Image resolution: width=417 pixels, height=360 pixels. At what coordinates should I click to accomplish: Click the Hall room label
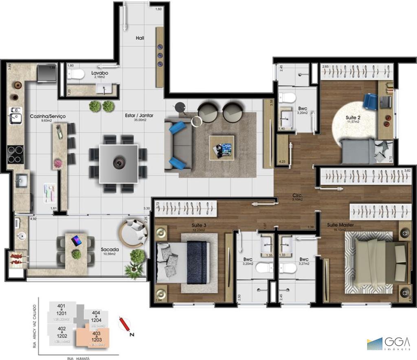(x=140, y=38)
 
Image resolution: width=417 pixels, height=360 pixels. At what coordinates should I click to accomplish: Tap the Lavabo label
(x=99, y=72)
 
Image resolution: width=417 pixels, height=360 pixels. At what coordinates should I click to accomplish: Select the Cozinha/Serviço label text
(x=48, y=116)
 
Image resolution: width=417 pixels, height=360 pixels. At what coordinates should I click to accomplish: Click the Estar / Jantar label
(x=139, y=116)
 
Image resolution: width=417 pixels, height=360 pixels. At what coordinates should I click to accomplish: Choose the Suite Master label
(x=340, y=225)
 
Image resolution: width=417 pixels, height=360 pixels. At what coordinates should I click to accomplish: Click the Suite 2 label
(x=353, y=117)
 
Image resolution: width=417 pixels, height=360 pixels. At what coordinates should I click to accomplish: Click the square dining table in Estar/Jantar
(x=119, y=163)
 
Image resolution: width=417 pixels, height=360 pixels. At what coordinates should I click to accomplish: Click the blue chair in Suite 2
(x=370, y=101)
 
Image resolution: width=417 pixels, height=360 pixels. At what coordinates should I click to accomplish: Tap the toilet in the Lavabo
(x=76, y=74)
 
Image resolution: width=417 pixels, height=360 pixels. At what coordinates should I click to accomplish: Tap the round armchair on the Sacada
(x=133, y=233)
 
